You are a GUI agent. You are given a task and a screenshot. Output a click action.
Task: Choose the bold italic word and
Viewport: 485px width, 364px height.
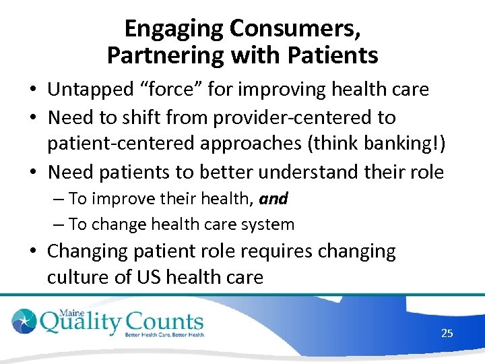click(x=273, y=199)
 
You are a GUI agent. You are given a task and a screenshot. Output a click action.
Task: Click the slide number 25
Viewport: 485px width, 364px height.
click(x=447, y=333)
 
